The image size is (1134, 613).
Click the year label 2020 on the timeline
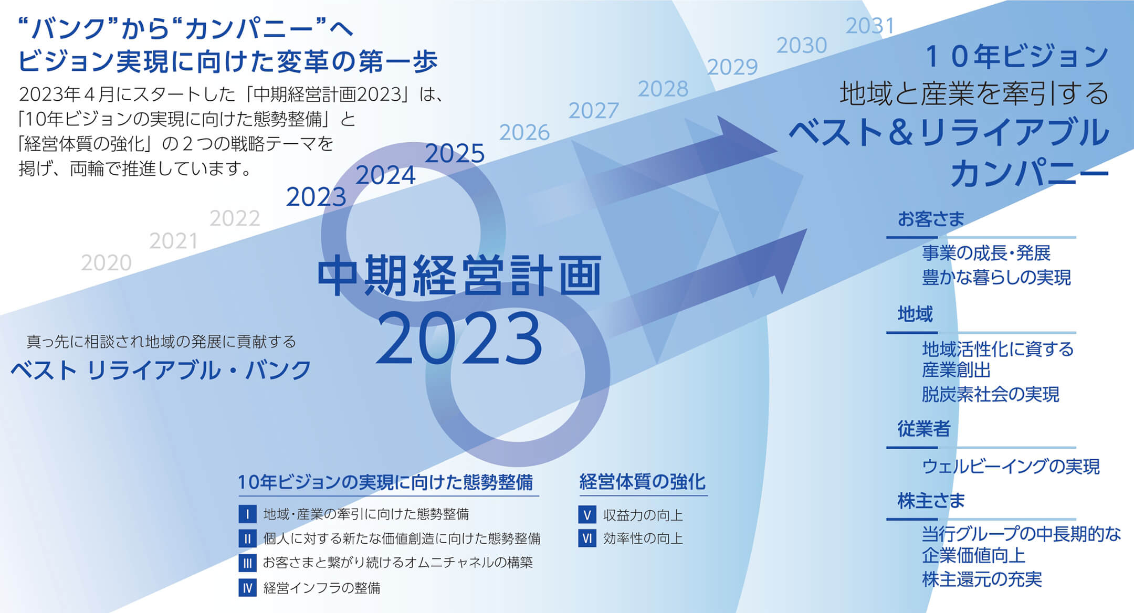[x=106, y=262]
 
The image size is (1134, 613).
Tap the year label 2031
[x=869, y=26]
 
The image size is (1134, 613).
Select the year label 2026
[x=524, y=132]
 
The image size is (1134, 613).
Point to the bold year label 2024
[x=385, y=175]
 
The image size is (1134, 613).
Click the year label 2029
[x=732, y=67]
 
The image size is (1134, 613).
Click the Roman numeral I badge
[x=247, y=514]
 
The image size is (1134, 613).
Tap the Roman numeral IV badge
[x=247, y=588]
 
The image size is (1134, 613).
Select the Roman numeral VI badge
[x=587, y=538]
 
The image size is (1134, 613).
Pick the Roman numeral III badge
[x=247, y=563]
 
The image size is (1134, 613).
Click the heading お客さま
[x=931, y=219]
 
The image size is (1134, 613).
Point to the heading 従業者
[x=923, y=429]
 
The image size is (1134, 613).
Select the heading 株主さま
[x=931, y=501]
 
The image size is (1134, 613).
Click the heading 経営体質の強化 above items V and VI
[x=643, y=481]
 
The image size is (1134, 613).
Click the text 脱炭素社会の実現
[x=991, y=394]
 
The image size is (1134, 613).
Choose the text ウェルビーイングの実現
[x=1011, y=466]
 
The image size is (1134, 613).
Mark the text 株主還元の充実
[x=982, y=579]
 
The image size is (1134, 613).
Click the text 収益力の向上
[x=643, y=515]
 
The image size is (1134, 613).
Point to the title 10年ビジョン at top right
[x=1016, y=56]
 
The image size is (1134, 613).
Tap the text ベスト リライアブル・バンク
[x=161, y=370]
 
